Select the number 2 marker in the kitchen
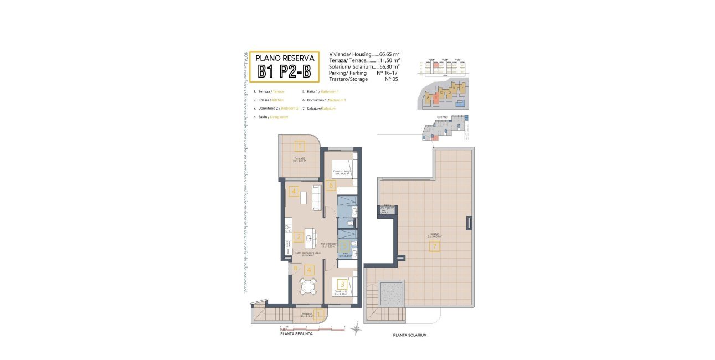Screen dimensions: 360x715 [x=299, y=237]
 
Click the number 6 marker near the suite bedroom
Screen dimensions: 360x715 [x=331, y=186]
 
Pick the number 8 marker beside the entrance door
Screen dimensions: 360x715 [x=295, y=269]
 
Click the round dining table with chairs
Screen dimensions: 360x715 [x=308, y=286]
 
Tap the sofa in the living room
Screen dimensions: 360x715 [x=317, y=197]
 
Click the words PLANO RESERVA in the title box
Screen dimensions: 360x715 [x=283, y=58]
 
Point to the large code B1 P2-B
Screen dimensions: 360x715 [x=283, y=73]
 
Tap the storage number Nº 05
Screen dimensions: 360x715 [x=391, y=79]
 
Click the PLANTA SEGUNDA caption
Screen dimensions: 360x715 [x=296, y=334]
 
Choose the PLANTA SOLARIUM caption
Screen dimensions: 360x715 [x=410, y=335]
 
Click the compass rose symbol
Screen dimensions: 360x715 [x=357, y=330]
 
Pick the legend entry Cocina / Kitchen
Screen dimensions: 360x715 [x=268, y=100]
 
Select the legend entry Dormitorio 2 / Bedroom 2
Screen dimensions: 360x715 [x=275, y=108]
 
